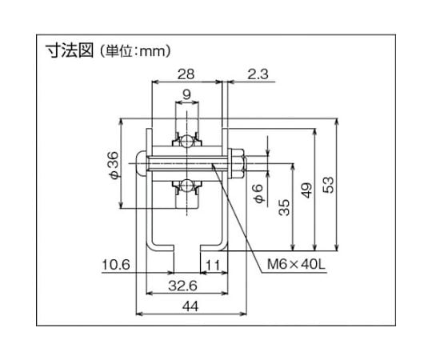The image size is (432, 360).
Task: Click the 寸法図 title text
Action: coord(70,51)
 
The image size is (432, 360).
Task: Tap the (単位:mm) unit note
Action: coord(135,51)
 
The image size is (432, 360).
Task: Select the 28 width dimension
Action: coord(186,74)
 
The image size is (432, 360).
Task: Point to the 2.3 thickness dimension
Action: coord(258,74)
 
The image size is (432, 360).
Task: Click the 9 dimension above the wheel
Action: coord(186,94)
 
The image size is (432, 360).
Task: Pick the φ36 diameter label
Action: coord(114,166)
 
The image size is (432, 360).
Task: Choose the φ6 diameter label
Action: coord(259,194)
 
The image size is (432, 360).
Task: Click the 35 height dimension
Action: coord(284,207)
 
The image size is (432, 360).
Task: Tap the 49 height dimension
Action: coord(306,190)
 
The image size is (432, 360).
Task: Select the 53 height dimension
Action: coord(328,185)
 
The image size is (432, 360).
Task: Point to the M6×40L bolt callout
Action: coord(296,265)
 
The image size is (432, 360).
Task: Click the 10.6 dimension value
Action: coord(116,265)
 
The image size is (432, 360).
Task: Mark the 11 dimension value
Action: coord(214,266)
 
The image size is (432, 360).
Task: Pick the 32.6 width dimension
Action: coord(182,286)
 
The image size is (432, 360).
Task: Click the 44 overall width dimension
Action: coord(190,306)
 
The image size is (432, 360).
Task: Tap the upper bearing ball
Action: coord(186,142)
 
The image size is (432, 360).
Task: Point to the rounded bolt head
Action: coord(141,163)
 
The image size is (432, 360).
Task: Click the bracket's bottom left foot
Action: coord(161,246)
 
